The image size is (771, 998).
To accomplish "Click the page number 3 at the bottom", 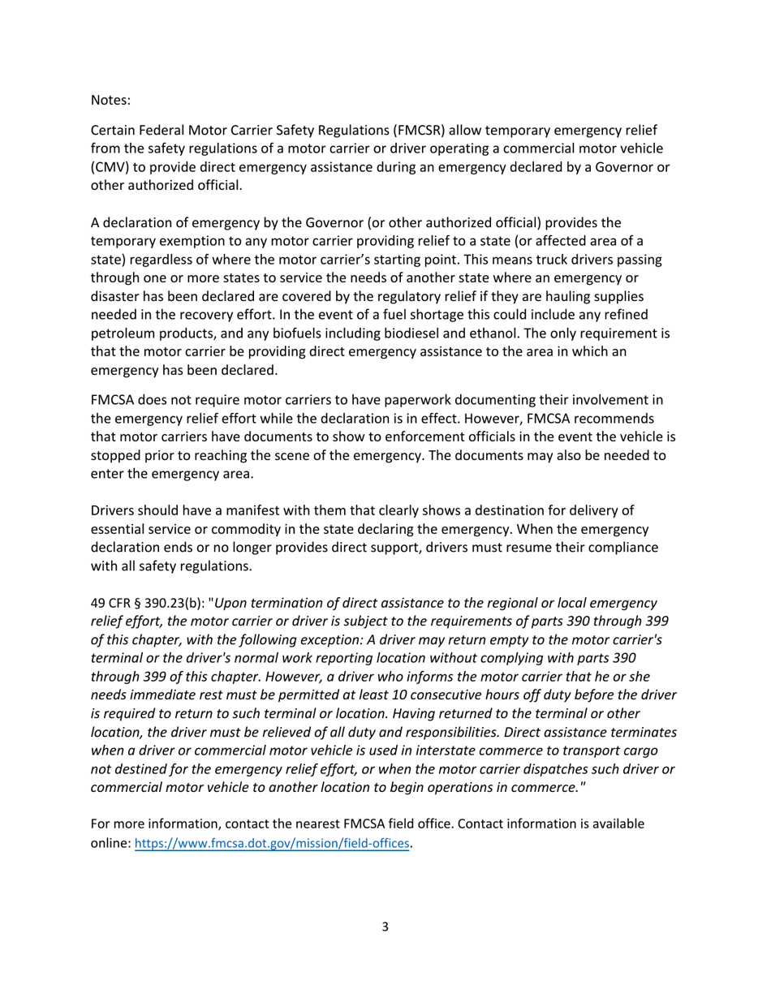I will coord(385,927).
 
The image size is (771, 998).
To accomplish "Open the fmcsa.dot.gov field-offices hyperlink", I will coord(272,844).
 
